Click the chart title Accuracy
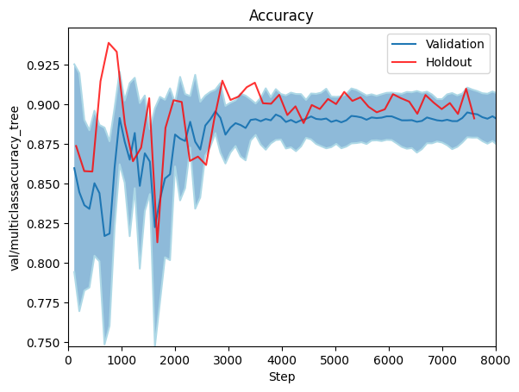(x=281, y=16)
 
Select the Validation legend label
(x=455, y=44)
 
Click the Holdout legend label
(x=448, y=62)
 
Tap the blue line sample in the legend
(x=403, y=44)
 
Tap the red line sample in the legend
(x=403, y=62)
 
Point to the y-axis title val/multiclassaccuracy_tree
(x=15, y=189)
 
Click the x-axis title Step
(x=282, y=376)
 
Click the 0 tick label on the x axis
(x=68, y=360)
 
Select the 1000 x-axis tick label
(x=122, y=360)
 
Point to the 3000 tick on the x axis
(x=228, y=360)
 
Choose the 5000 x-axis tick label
(x=335, y=360)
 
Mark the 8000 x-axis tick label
(x=496, y=360)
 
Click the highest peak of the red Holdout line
(x=109, y=43)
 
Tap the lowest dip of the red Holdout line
(x=157, y=242)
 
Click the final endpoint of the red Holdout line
(x=474, y=118)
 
